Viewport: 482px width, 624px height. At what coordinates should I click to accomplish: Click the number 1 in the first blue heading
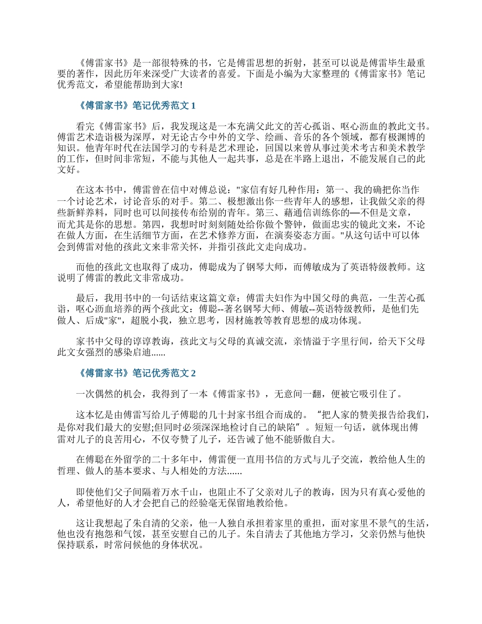(192, 106)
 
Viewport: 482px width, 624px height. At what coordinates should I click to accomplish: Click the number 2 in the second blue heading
(192, 373)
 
